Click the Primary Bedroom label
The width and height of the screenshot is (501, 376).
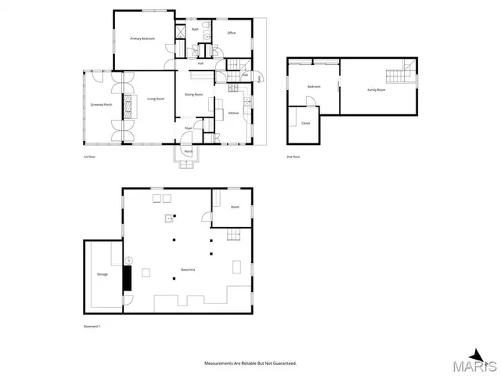point(142,38)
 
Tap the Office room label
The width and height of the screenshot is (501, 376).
point(232,33)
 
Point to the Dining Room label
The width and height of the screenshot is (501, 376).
point(194,95)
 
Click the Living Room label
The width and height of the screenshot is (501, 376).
point(155,99)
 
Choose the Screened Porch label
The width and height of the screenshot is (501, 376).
point(102,104)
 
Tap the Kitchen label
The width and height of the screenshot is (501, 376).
point(233,114)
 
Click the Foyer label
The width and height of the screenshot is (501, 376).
point(189,128)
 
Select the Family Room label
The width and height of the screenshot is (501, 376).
point(377,90)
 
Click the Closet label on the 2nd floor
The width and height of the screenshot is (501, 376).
point(305,123)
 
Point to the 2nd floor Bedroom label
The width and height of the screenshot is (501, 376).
point(314,86)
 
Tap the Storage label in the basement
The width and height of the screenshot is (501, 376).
point(103,274)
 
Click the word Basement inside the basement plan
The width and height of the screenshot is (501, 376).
point(188,270)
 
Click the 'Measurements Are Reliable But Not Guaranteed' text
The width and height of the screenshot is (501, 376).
point(250,363)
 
